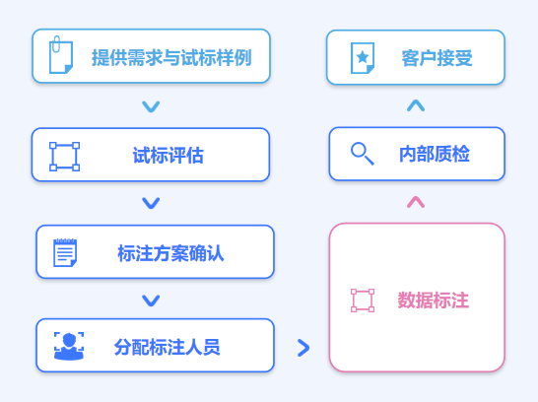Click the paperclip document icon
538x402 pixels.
61,55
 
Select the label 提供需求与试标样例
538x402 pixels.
171,57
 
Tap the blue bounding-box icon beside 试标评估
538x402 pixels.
64,157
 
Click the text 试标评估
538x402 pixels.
168,155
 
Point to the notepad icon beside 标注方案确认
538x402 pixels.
65,252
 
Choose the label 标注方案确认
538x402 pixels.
170,253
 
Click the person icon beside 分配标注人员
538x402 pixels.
69,346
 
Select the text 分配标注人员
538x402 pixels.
168,347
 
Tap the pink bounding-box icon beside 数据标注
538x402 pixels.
363,301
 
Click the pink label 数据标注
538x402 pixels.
433,301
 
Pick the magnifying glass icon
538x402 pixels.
363,154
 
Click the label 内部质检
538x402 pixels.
435,154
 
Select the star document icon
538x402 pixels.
363,57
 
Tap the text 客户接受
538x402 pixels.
437,57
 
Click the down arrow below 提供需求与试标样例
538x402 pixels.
151,106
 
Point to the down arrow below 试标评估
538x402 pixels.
151,203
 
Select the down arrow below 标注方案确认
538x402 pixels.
151,301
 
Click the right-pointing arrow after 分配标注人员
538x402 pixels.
303,348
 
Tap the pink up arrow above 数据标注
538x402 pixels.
416,202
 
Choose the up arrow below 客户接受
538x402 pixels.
416,105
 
